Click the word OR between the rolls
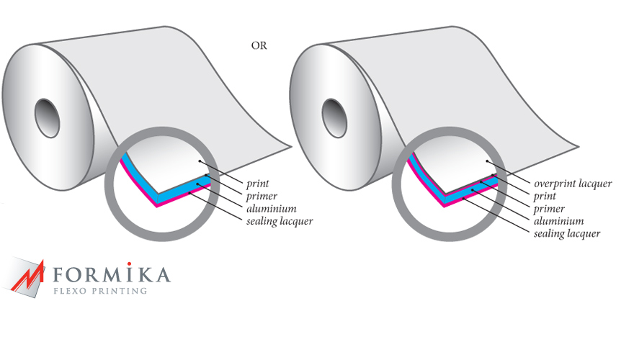[x=259, y=45]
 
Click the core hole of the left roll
[x=48, y=118]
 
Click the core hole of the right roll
[x=334, y=118]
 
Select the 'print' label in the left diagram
[x=258, y=184]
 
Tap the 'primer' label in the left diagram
[x=262, y=197]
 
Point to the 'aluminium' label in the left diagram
[x=272, y=209]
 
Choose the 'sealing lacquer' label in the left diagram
[x=280, y=221]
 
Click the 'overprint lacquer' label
[x=573, y=184]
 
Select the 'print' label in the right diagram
[x=545, y=197]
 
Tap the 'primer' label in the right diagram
[x=549, y=209]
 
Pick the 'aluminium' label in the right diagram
[x=559, y=221]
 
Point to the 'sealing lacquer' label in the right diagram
[x=567, y=233]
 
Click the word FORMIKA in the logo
[x=112, y=274]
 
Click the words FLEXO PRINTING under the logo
[x=100, y=291]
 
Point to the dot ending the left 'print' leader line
[x=200, y=161]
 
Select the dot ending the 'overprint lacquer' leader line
[x=487, y=161]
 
